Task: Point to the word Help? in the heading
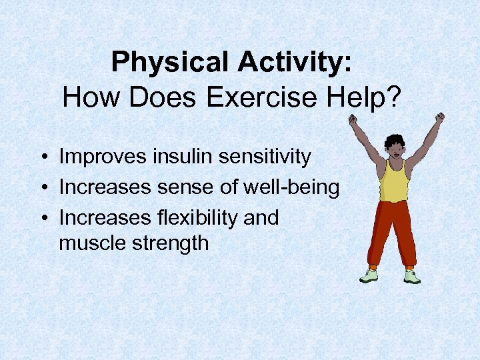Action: point(368,98)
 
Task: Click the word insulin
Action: point(173,157)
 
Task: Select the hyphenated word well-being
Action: point(292,187)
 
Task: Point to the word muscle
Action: point(92,243)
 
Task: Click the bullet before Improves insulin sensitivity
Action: point(42,158)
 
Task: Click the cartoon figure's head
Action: point(394,147)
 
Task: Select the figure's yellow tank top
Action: point(393,181)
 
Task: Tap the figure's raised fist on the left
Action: point(353,120)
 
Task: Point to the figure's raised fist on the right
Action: point(439,118)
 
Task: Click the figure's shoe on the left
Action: point(369,276)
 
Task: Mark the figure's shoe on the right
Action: point(412,277)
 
